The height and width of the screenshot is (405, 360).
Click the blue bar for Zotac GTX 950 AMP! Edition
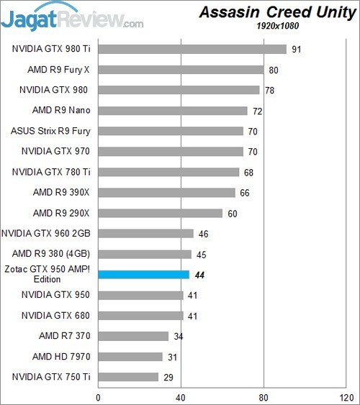tap(143, 274)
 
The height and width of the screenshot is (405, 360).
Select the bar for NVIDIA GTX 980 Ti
tap(192, 49)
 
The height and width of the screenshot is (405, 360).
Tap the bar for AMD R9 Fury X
tap(181, 70)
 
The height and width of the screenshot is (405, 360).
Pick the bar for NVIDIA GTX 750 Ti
tap(128, 377)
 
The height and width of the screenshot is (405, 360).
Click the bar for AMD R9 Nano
tap(173, 111)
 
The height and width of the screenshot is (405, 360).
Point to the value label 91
tap(297, 50)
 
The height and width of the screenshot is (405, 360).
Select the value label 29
tap(168, 377)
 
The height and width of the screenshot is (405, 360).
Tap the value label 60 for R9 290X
tap(233, 213)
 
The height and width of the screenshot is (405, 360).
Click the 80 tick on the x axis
tap(264, 395)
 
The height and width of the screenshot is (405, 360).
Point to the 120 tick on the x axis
tap(346, 395)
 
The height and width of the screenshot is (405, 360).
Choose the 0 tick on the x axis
tap(98, 395)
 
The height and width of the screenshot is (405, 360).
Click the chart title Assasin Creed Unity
tap(276, 12)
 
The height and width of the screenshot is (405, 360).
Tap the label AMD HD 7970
tap(61, 356)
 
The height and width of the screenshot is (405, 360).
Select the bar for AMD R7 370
tap(133, 336)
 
